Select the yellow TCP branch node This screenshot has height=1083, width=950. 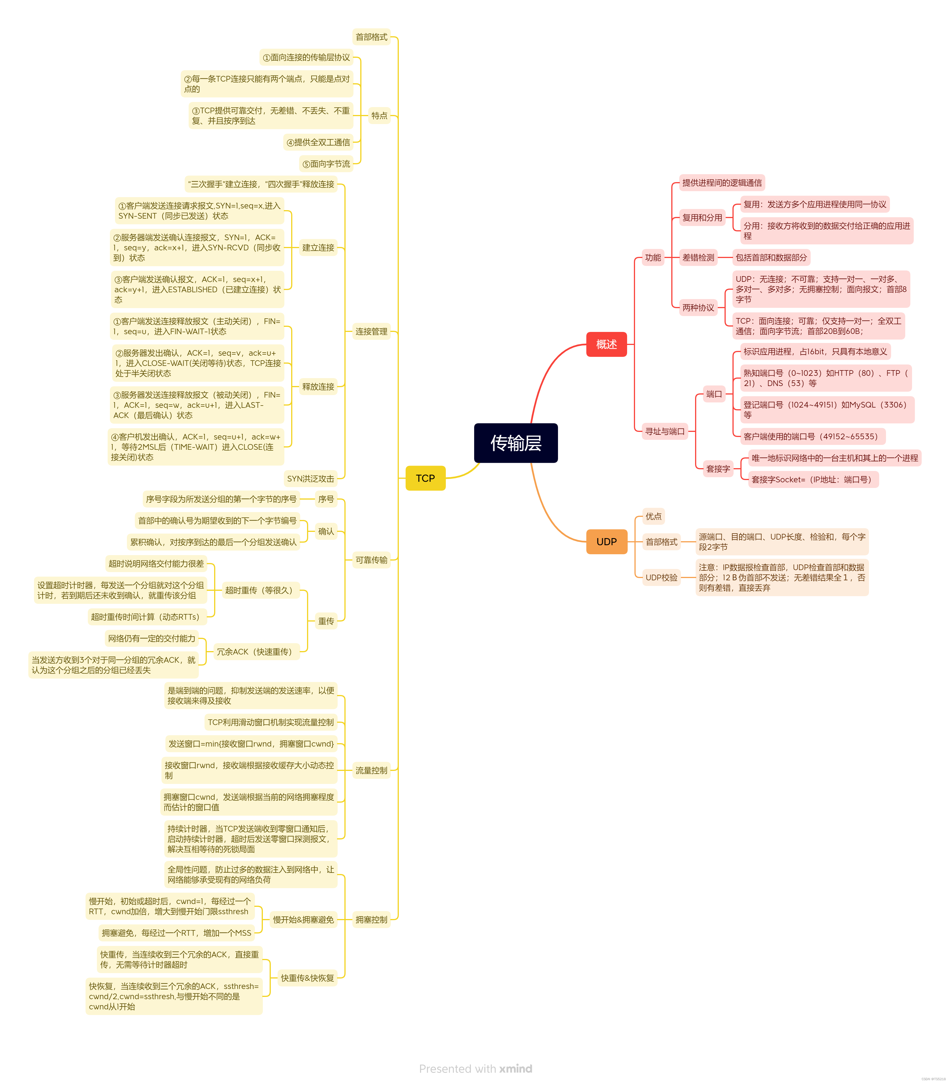(425, 478)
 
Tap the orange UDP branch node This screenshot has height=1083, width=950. (606, 541)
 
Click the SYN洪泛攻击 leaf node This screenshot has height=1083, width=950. (310, 478)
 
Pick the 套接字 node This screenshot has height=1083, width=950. (717, 468)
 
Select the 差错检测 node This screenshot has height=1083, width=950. (698, 257)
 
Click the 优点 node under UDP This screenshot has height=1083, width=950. (653, 516)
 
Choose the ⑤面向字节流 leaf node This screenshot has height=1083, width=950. (326, 164)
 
